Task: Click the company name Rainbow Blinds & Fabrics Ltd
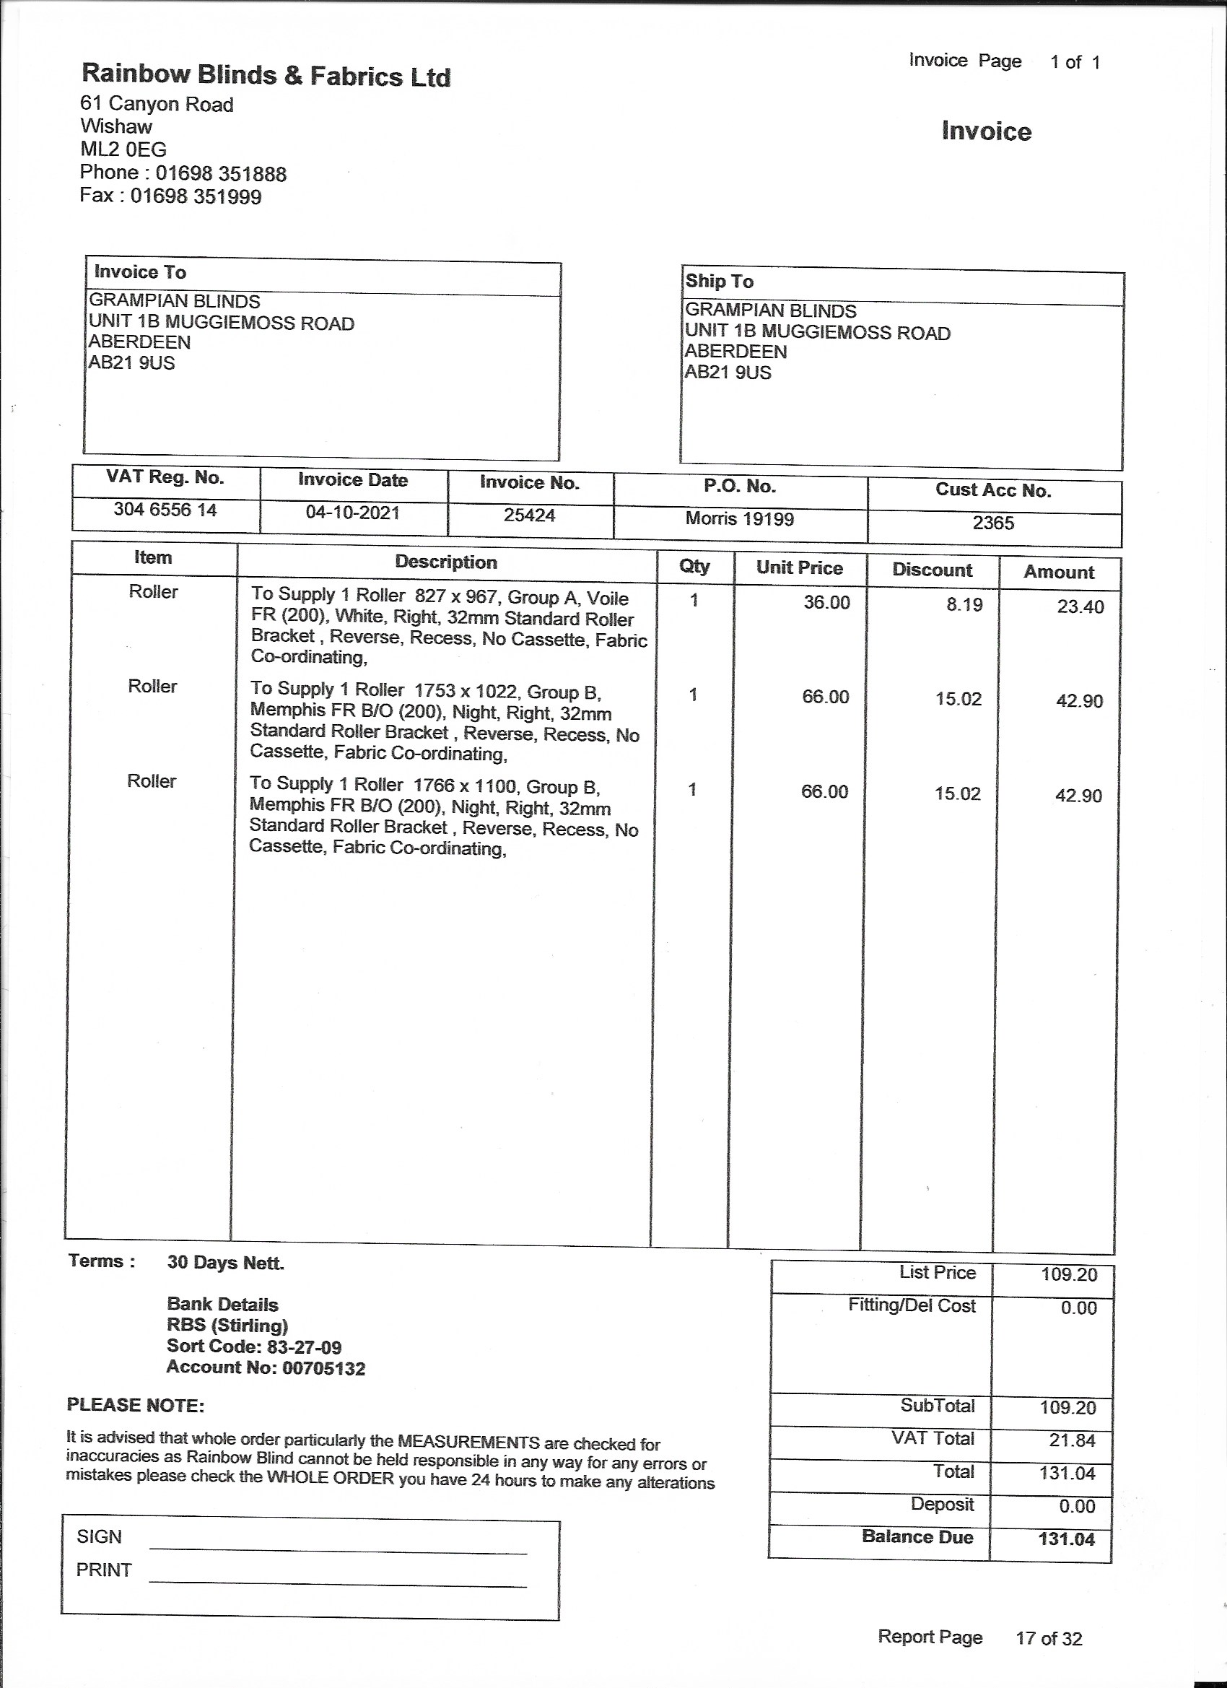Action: tap(266, 75)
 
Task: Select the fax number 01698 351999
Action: tap(196, 197)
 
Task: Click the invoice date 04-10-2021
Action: tap(353, 513)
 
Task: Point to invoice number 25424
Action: tap(529, 515)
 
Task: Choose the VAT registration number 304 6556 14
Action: tap(165, 510)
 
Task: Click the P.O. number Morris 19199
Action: tap(740, 519)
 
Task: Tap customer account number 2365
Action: tap(993, 523)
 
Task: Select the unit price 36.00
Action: tap(826, 602)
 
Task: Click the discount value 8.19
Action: tap(964, 604)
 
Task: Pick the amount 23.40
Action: tap(1080, 606)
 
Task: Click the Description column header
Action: tap(446, 562)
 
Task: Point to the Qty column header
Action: tap(694, 566)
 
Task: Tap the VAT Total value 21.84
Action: tap(1073, 1440)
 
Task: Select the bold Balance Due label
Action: tap(917, 1537)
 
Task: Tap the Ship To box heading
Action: tap(719, 282)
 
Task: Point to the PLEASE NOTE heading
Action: tap(136, 1405)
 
